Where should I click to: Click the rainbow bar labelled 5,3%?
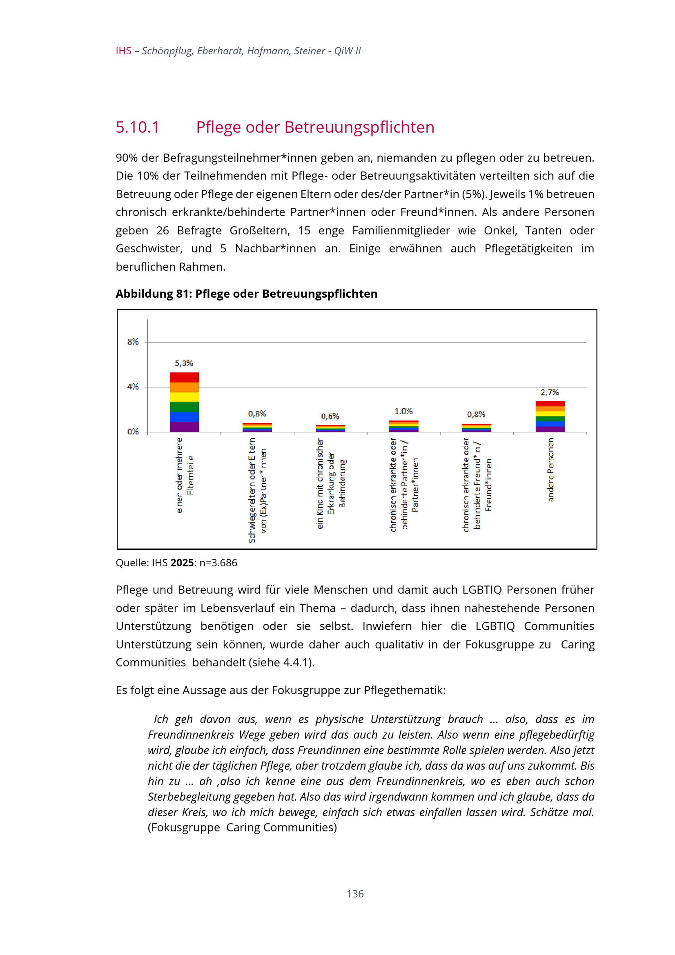pos(184,402)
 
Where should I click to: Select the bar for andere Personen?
pos(550,416)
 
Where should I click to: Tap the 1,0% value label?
pos(403,411)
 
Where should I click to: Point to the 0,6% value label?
pos(330,416)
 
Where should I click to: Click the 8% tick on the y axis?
pos(133,342)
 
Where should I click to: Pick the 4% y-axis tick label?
pos(133,387)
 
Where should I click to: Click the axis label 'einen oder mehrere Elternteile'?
pos(185,475)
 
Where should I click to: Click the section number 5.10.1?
pos(137,127)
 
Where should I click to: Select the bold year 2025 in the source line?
pos(182,563)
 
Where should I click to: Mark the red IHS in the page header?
pos(124,51)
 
